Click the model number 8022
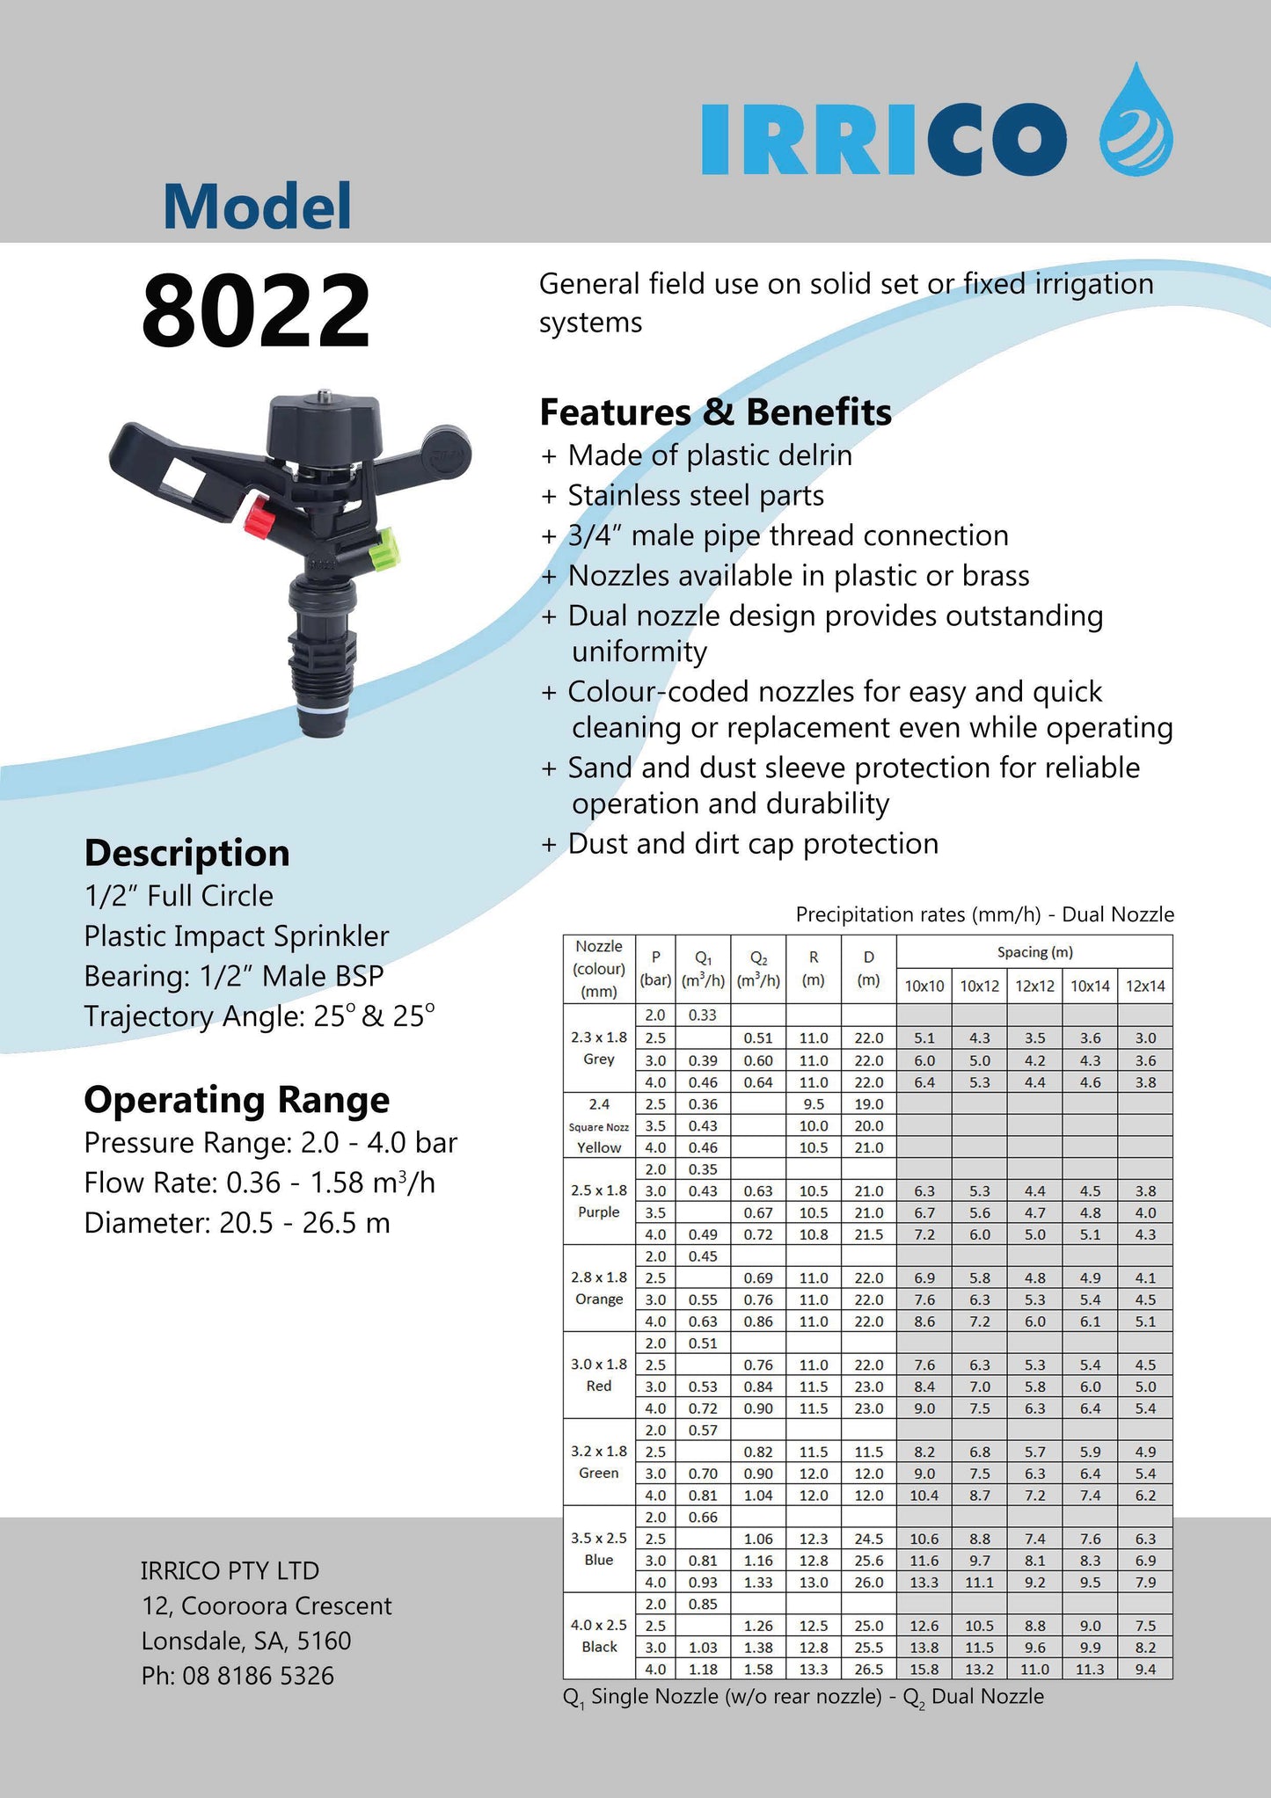click(255, 310)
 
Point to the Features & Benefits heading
click(715, 412)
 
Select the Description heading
click(186, 853)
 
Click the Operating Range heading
click(237, 1100)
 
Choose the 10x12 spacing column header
click(979, 986)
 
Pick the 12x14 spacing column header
click(1144, 986)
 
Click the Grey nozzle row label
click(599, 1059)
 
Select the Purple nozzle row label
click(599, 1212)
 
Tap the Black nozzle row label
click(599, 1647)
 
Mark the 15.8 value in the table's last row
click(924, 1669)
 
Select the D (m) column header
click(868, 968)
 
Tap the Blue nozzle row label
click(599, 1560)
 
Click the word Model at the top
click(257, 207)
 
